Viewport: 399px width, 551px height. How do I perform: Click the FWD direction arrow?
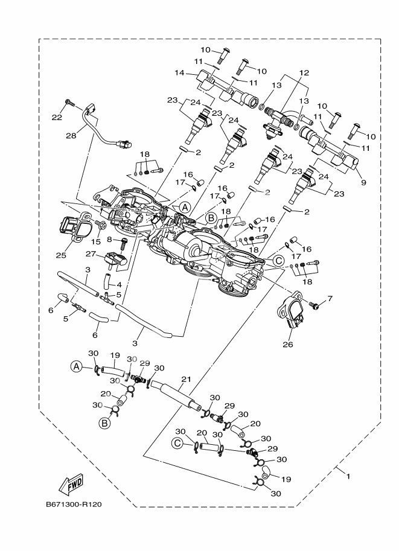coord(72,483)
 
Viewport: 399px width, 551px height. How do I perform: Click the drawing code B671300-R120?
coord(73,505)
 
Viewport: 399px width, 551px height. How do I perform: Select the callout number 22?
coord(57,118)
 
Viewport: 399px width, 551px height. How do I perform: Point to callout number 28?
coord(71,136)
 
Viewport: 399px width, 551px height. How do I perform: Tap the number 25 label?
coord(61,255)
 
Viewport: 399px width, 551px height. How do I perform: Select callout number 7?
coord(330,299)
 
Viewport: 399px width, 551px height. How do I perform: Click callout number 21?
coord(186,379)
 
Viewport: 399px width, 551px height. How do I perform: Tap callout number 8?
coord(110,240)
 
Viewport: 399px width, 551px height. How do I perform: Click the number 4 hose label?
coord(119,284)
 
